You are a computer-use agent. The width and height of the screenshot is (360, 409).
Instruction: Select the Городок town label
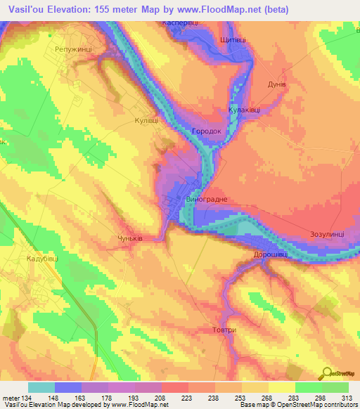[x=205, y=131]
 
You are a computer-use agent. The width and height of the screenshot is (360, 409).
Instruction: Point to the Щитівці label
[x=234, y=41]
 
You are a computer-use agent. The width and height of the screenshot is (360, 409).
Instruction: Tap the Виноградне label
[x=206, y=200]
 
